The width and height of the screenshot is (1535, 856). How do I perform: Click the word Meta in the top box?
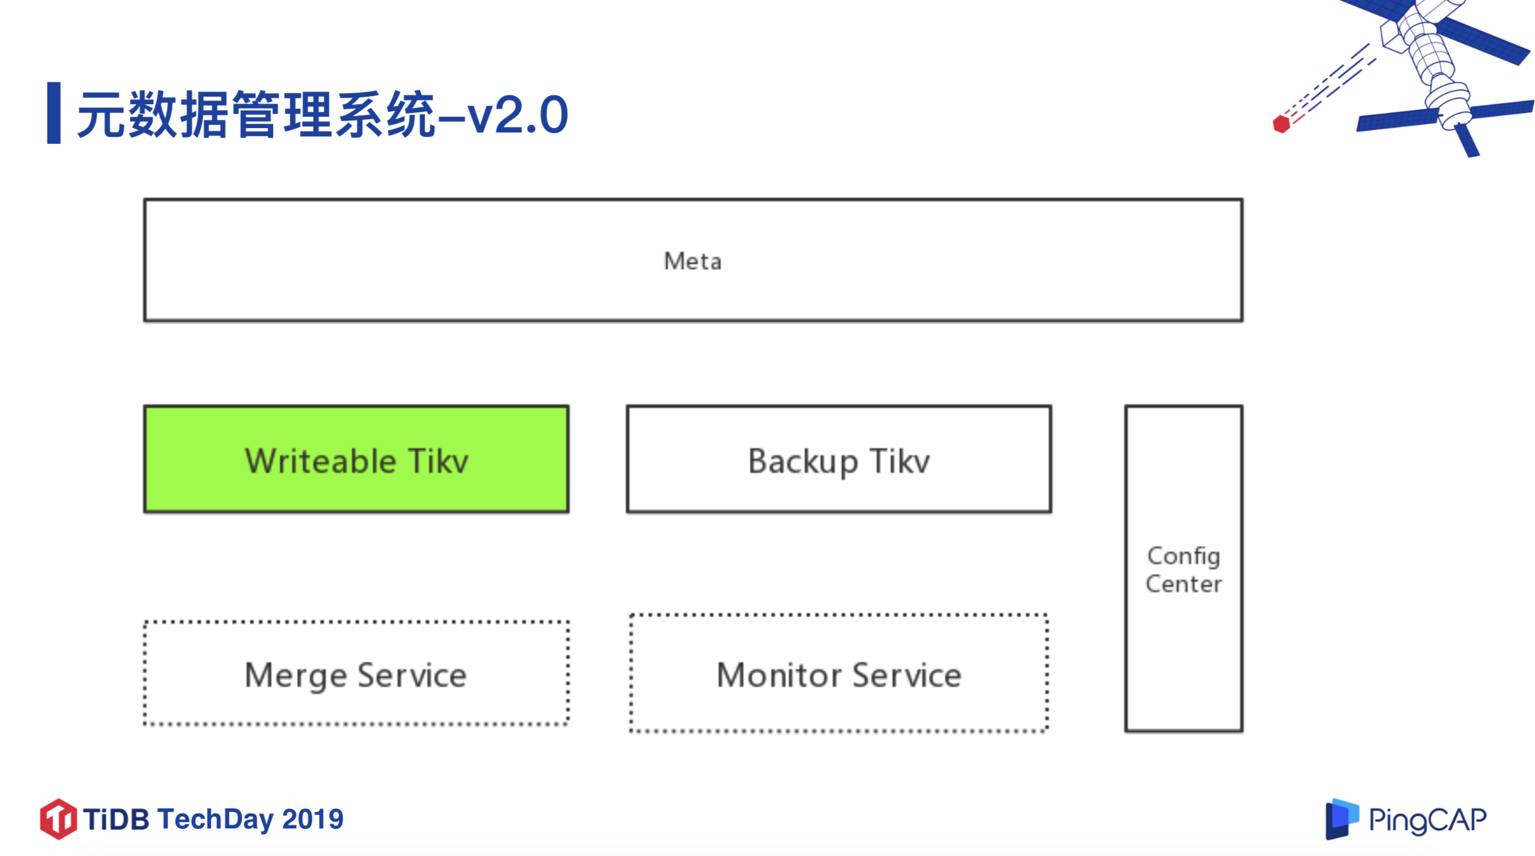point(692,261)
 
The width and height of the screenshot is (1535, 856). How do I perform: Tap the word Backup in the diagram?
point(803,462)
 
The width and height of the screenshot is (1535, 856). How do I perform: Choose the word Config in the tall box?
point(1184,556)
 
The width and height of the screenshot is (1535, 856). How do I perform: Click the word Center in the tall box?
point(1184,584)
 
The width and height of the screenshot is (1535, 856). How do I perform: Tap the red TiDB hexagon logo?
point(58,819)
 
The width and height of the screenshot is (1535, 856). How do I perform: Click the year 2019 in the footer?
point(313,819)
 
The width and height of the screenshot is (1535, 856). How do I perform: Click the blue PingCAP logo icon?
point(1341,818)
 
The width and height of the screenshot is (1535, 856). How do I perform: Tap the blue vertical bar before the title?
point(54,113)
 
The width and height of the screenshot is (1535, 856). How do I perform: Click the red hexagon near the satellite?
point(1281,124)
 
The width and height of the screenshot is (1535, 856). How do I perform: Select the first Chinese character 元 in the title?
point(102,114)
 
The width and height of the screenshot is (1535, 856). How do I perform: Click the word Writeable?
point(320,462)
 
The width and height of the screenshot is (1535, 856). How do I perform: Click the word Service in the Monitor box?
point(906,675)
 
